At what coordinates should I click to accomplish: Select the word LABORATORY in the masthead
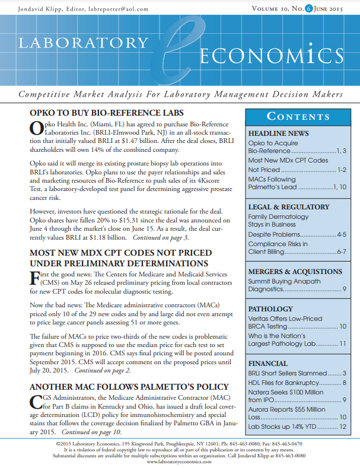[x=83, y=43]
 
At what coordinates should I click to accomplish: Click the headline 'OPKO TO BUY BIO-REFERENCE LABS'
[x=106, y=113]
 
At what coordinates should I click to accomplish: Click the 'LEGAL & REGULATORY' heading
[x=288, y=207]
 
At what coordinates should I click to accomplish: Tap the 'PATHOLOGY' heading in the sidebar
[x=270, y=309]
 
